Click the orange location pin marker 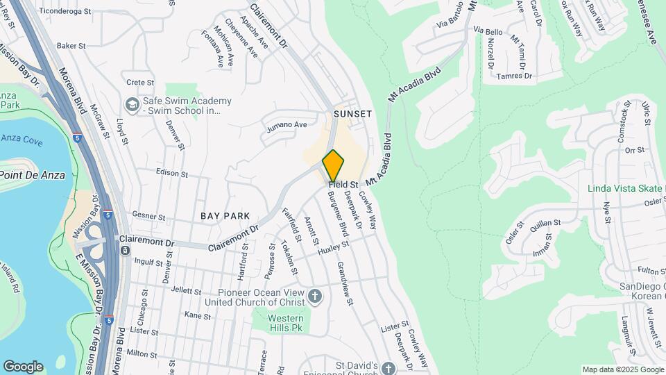click(333, 165)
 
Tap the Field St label click(343, 185)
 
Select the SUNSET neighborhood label click(352, 113)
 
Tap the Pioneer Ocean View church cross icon click(316, 297)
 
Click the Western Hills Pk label click(287, 323)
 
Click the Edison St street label click(172, 172)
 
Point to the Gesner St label click(148, 217)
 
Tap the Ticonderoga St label click(65, 12)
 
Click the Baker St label click(71, 46)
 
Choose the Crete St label click(135, 82)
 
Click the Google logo click(22, 366)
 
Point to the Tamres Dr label click(518, 76)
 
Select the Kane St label click(198, 315)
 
